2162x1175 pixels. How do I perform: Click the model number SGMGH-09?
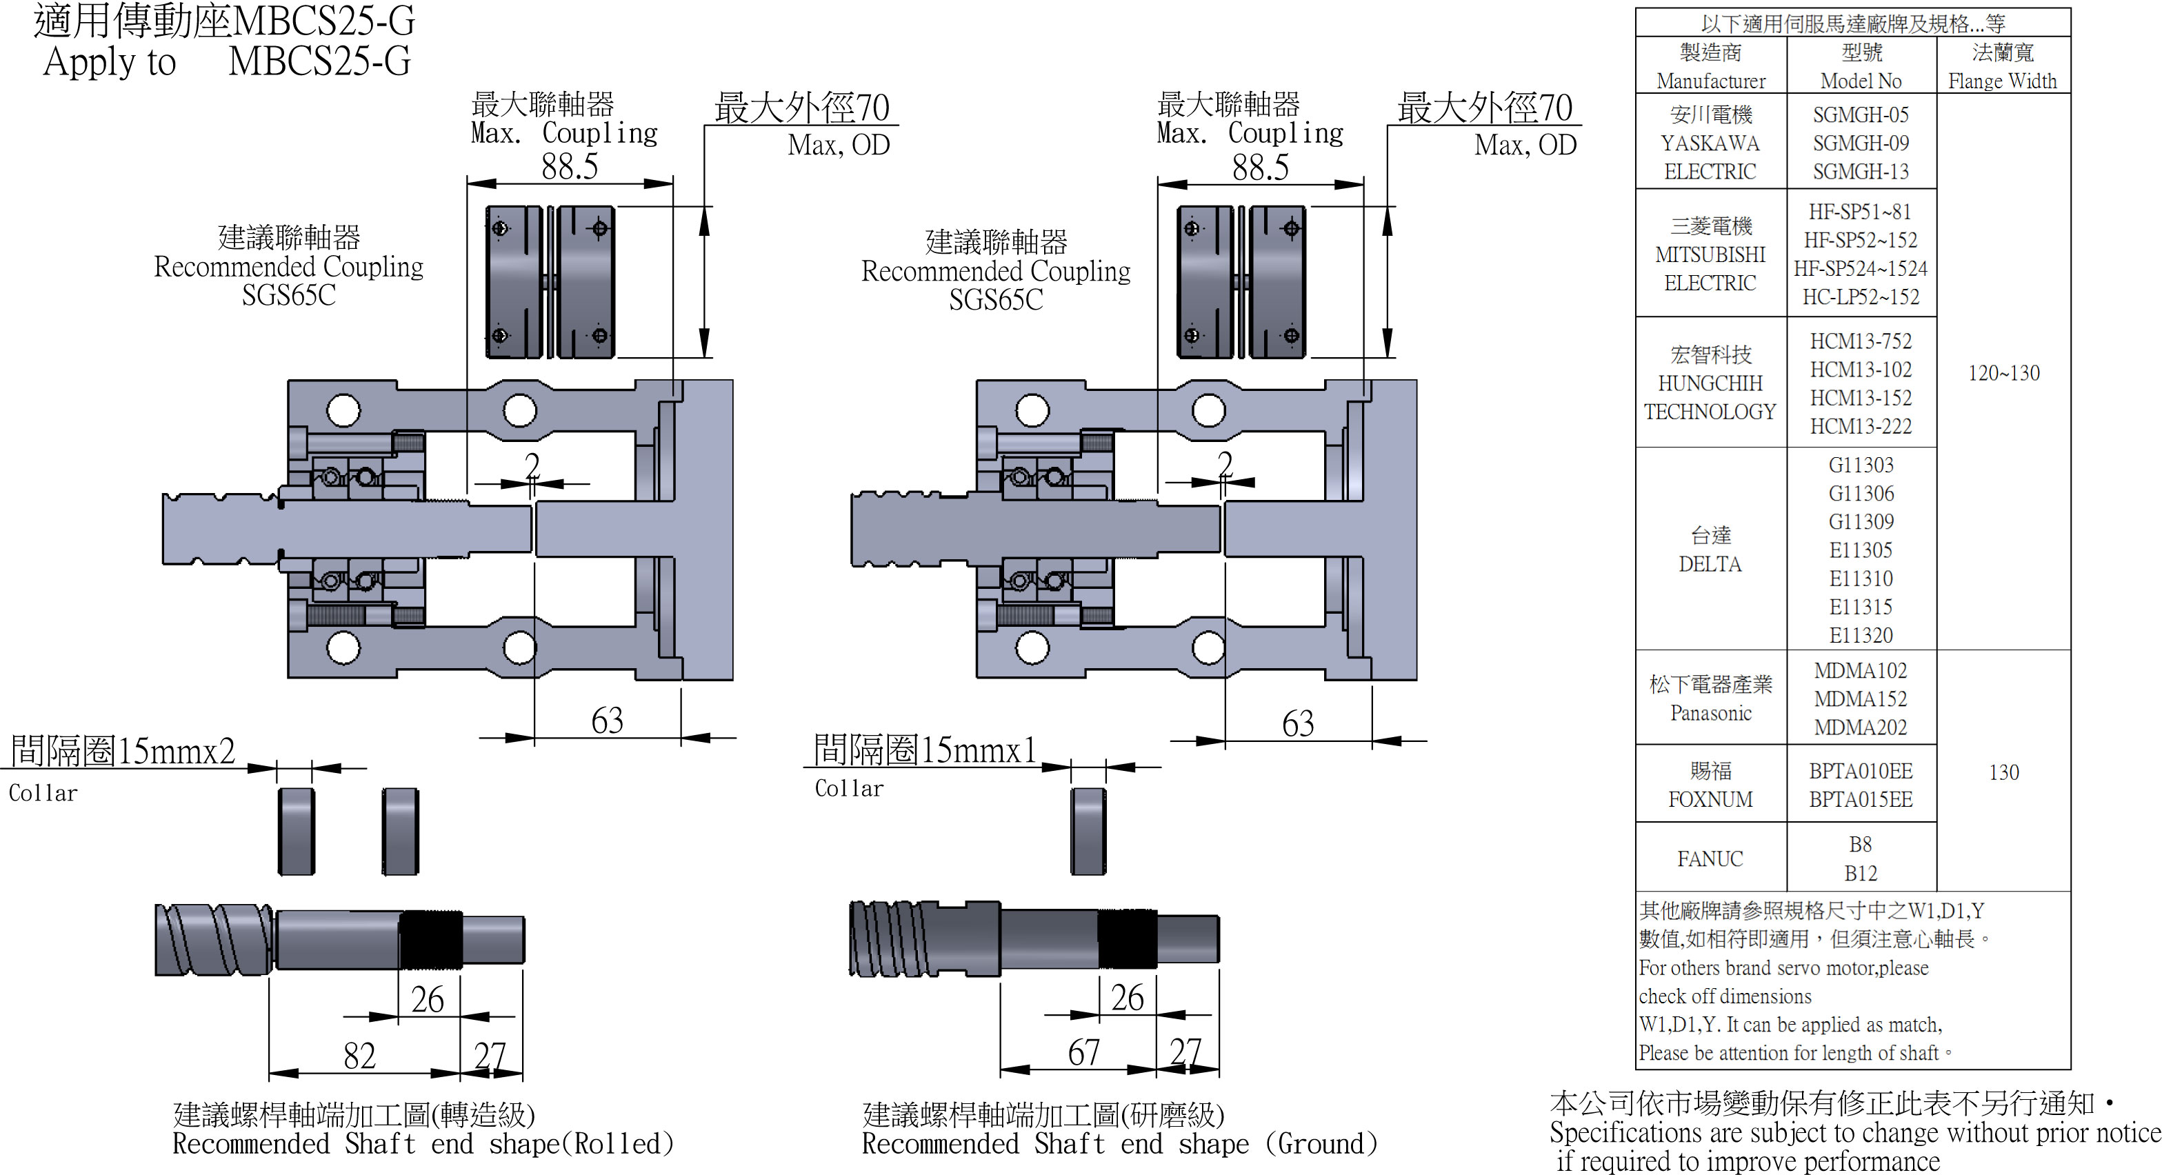[1860, 143]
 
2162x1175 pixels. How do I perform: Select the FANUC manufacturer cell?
[1710, 858]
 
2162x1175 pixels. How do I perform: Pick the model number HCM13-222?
[1860, 426]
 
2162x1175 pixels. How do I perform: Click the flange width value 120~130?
[2003, 372]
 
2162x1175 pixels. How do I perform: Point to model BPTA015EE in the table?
[1860, 800]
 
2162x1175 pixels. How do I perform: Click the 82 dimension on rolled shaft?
[359, 1056]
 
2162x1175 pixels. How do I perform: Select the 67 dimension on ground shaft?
[1083, 1052]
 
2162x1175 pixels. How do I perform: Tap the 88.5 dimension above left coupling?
[569, 167]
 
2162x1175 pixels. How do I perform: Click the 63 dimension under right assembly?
[1297, 723]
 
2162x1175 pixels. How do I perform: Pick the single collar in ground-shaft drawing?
[1088, 831]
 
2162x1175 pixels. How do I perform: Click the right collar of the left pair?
[401, 831]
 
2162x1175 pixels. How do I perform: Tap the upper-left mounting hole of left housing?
[343, 410]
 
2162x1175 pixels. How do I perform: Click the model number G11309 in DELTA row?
[1860, 522]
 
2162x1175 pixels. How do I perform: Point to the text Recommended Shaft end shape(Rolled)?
[422, 1144]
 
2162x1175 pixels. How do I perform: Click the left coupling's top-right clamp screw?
[599, 228]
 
